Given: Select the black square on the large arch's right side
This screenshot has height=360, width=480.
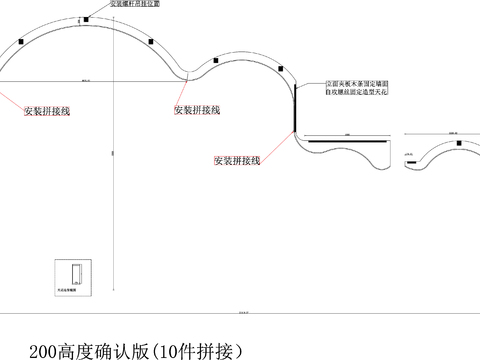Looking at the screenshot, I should [151, 42].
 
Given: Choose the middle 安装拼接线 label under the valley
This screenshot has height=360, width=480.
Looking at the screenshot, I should [197, 109].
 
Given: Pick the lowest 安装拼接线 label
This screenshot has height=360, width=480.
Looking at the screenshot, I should [237, 160].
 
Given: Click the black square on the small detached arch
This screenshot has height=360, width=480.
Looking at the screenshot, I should [455, 143].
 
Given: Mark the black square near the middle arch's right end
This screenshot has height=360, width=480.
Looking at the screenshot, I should [284, 69].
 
